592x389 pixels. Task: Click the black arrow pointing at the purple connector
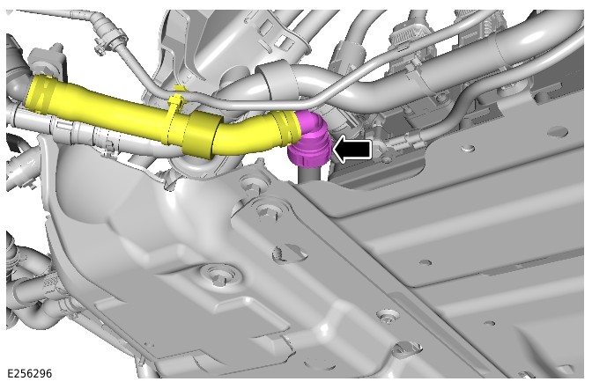click(351, 150)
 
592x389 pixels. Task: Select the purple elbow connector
click(309, 141)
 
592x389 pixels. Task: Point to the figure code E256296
click(29, 373)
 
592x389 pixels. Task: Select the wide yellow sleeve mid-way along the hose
click(200, 135)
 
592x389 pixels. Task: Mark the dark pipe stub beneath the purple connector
click(310, 174)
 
